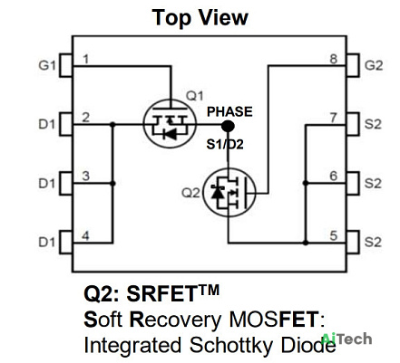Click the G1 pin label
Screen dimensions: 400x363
[47, 65]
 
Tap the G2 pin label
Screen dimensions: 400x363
[374, 65]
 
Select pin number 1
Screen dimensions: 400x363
[86, 59]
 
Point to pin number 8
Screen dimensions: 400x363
[333, 59]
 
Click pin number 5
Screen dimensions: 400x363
[334, 235]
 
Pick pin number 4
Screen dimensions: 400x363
[86, 235]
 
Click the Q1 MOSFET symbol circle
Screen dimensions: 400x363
[170, 124]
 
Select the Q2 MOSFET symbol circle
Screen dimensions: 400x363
[229, 193]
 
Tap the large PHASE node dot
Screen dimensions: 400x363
[228, 126]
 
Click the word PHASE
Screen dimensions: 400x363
[229, 111]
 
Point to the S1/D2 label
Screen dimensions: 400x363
[225, 145]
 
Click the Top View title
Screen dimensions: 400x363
[200, 17]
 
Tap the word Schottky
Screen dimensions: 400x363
[231, 346]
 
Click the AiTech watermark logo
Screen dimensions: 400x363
[346, 339]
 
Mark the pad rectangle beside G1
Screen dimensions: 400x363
[66, 65]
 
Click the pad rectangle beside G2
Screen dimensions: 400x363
[353, 65]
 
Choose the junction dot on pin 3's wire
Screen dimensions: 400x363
[112, 183]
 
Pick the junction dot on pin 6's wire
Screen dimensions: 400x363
[306, 183]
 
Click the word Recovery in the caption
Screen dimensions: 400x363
[175, 320]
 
